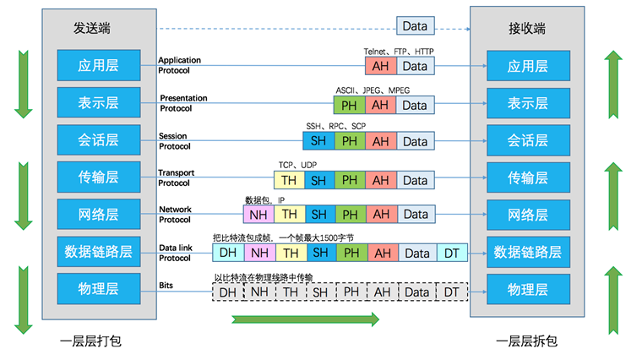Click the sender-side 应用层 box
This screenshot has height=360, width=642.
pos(99,64)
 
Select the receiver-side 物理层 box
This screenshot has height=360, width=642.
pos(527,289)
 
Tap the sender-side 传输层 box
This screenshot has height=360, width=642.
pos(99,177)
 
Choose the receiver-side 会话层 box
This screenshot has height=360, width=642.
pos(527,140)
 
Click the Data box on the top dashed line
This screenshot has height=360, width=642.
pos(414,26)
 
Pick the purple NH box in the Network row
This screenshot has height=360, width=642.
pos(258,215)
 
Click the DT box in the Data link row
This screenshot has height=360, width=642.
pos(451,252)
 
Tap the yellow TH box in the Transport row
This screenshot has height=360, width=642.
pos(289,180)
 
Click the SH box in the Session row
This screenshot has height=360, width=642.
pos(318,142)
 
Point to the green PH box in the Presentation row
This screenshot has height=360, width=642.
pos(349,105)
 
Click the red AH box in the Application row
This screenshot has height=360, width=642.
pos(380,66)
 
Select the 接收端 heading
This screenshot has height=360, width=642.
pos(528,28)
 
